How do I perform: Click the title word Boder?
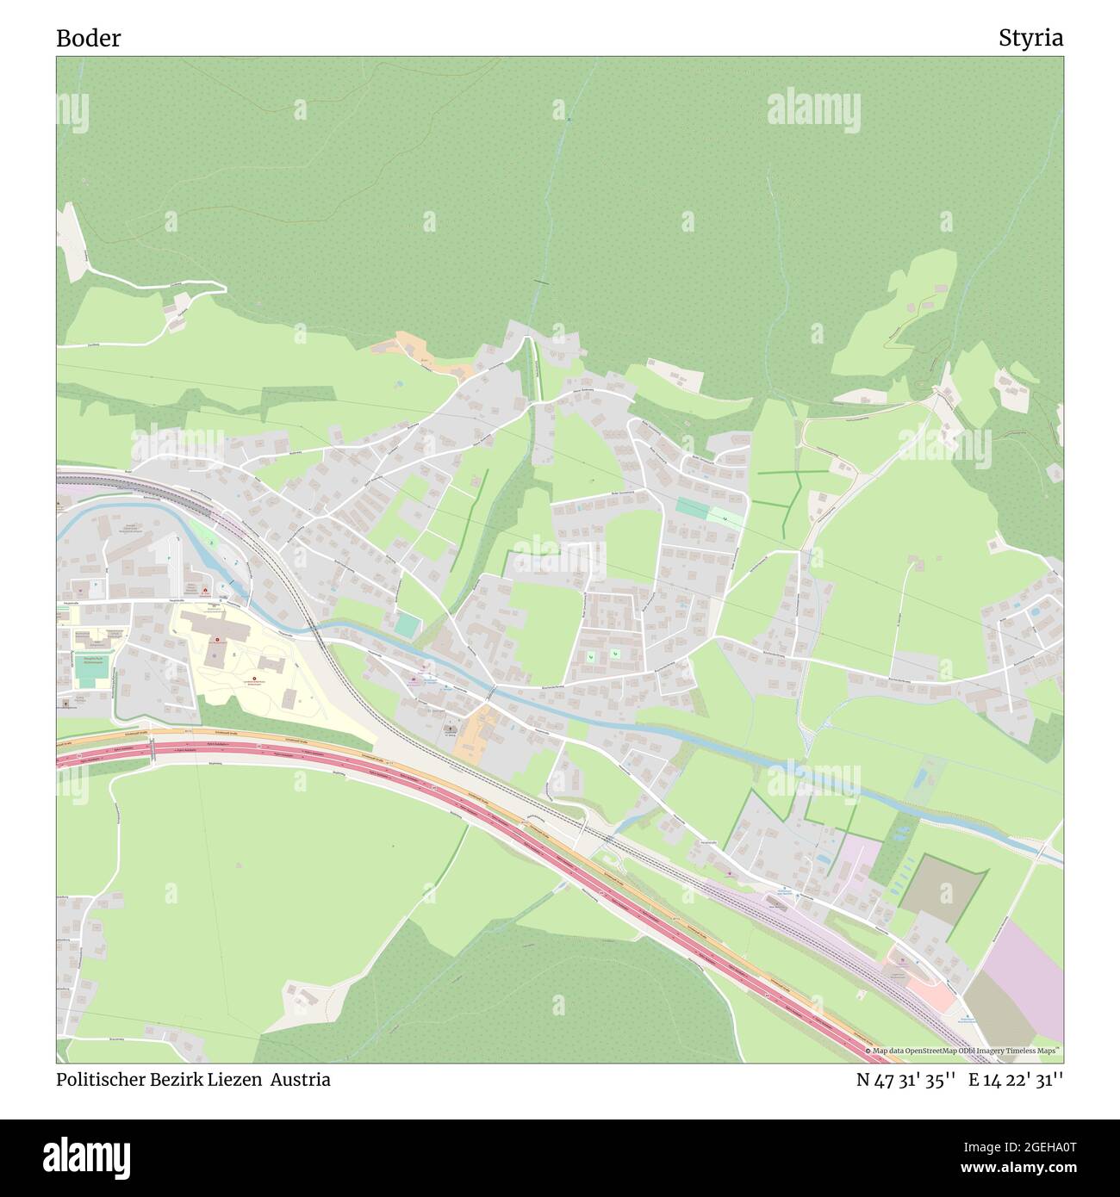coord(88,38)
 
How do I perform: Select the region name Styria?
coord(1030,38)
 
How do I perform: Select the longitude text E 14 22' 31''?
coord(1016,1079)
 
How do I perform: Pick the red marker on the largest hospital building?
coord(217,639)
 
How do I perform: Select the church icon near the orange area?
coord(450,729)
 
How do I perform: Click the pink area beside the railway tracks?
coord(930,990)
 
